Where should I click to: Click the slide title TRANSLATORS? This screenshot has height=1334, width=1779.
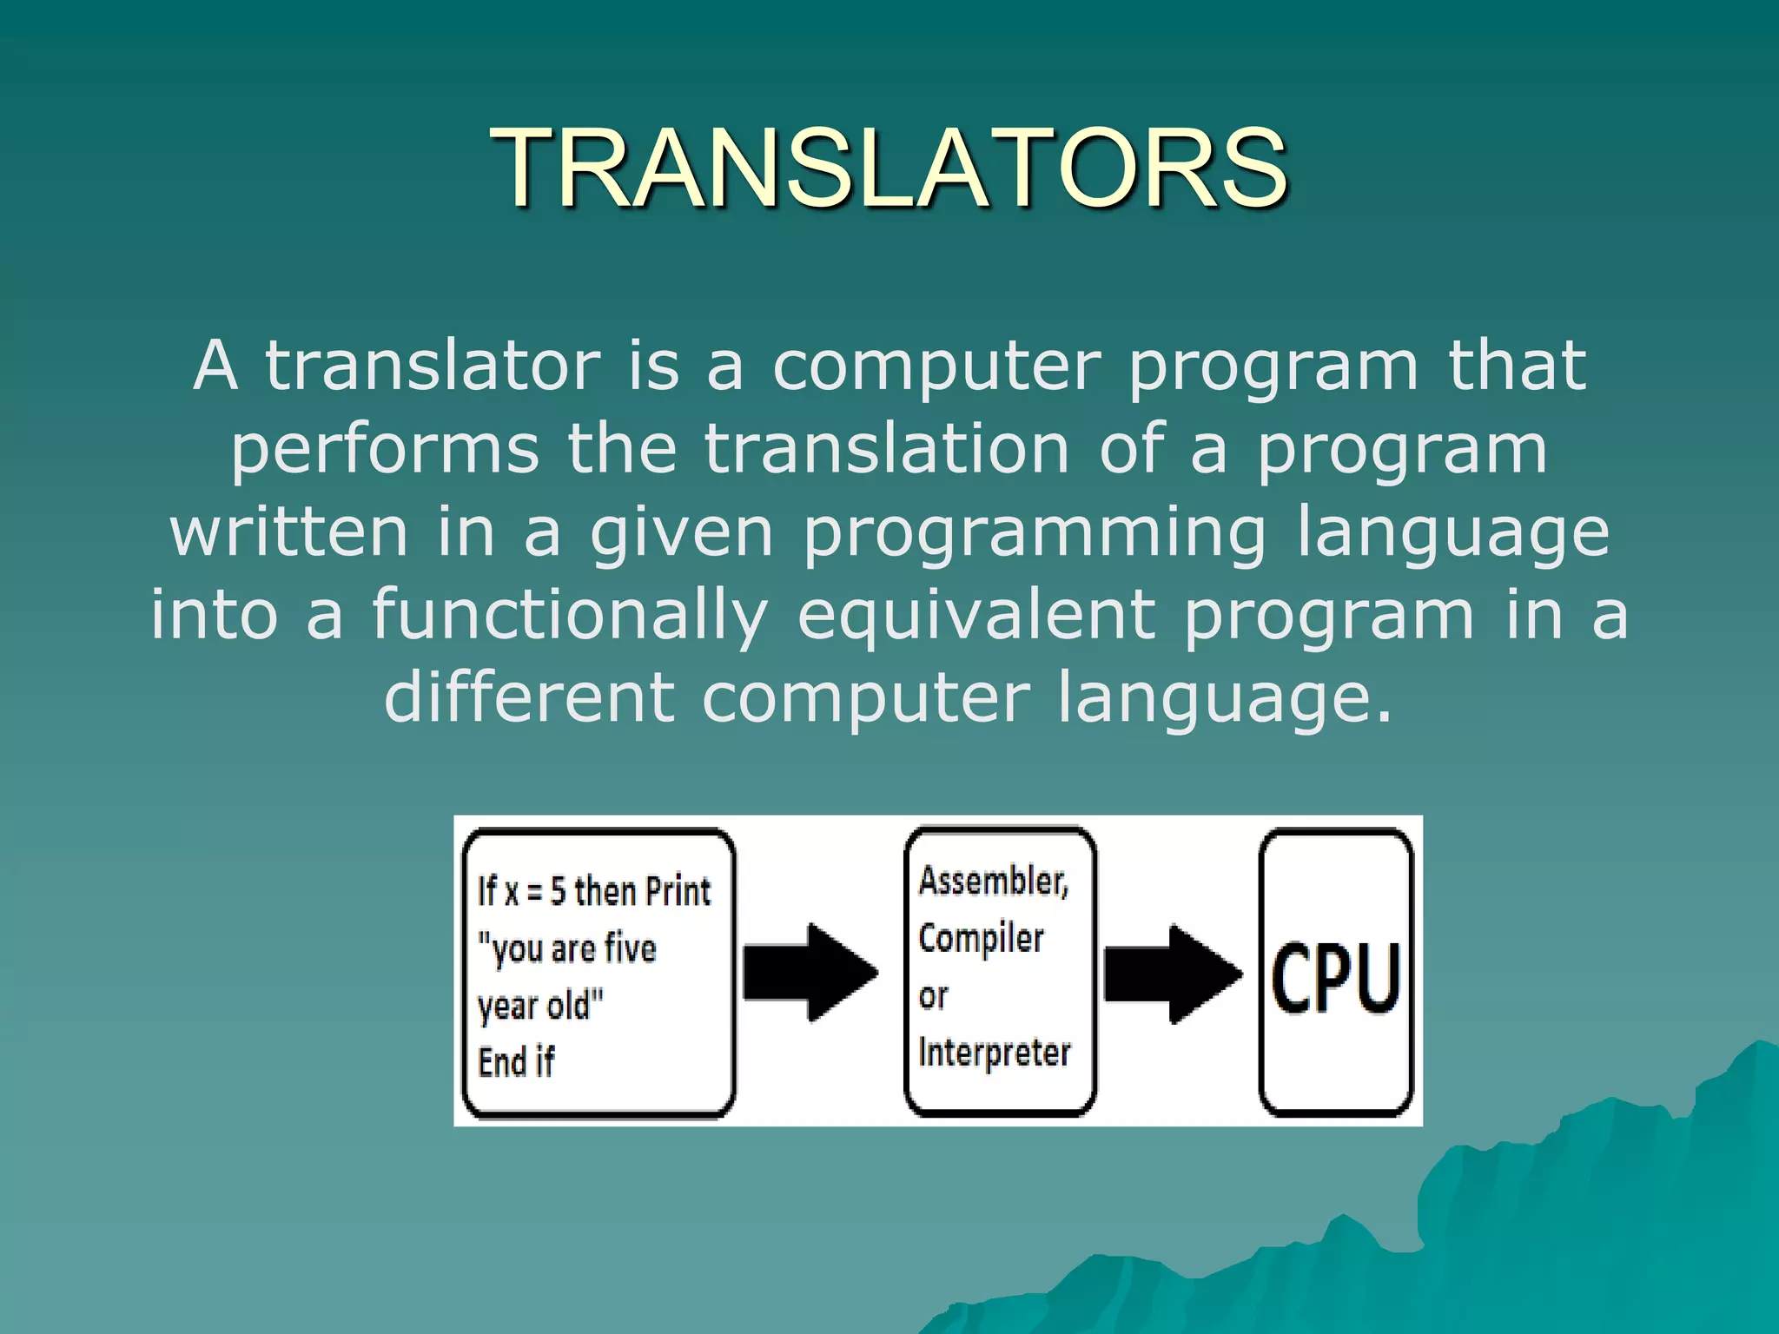889,167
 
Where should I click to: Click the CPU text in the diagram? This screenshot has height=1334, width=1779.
1335,978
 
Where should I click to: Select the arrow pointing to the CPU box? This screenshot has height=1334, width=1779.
1172,973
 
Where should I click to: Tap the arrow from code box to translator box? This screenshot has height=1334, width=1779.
810,972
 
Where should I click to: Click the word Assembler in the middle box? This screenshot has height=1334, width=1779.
992,882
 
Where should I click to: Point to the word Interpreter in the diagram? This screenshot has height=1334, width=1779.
995,1053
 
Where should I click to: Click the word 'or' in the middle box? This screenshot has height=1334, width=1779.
933,996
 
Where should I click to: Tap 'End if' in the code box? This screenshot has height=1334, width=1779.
516,1062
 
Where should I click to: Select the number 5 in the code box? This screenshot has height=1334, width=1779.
558,892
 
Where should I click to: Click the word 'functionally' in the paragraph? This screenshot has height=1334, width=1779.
570,615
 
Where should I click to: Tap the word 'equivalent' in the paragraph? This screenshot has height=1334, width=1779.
975,615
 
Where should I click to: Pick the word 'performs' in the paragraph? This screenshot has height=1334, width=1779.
385,450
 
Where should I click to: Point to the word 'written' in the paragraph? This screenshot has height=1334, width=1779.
289,532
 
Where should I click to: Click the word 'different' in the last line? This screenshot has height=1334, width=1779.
529,697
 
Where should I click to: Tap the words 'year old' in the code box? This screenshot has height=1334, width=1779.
539,1007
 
